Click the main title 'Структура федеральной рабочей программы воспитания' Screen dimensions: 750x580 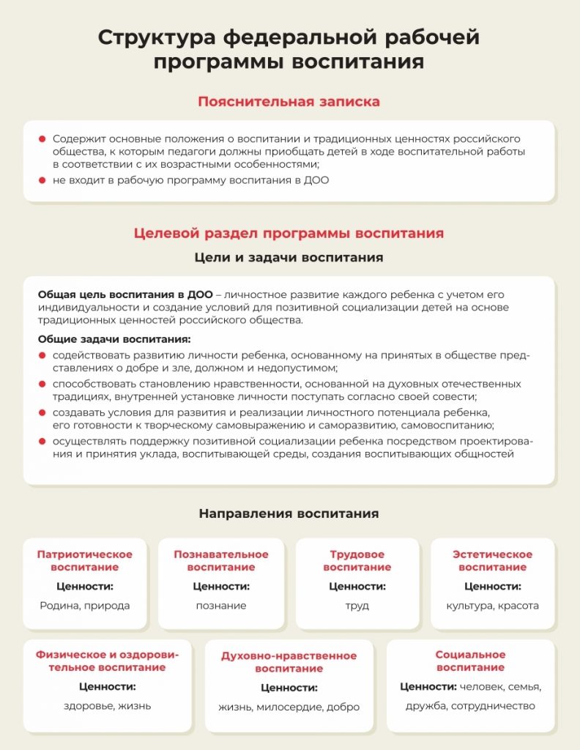(x=289, y=49)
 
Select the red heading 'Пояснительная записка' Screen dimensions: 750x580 (x=289, y=102)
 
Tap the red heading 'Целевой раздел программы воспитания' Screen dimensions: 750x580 (x=289, y=234)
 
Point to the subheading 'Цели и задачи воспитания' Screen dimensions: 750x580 (x=289, y=258)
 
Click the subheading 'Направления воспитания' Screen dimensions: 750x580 (x=289, y=513)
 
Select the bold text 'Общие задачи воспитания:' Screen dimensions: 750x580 (x=114, y=339)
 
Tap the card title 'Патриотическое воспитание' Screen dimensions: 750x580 (x=84, y=560)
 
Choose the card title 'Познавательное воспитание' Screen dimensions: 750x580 (x=221, y=560)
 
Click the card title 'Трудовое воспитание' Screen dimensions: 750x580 (x=357, y=560)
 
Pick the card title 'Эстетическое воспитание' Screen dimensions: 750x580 (x=492, y=560)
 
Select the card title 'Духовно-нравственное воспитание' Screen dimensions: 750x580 (x=289, y=662)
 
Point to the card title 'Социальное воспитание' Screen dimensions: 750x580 (x=470, y=661)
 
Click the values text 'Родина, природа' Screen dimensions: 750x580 (x=84, y=606)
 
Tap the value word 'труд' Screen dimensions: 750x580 (x=357, y=606)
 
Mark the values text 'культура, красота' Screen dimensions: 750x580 (x=492, y=606)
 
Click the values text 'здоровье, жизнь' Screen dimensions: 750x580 (x=107, y=706)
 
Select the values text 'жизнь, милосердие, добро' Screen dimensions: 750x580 (x=289, y=707)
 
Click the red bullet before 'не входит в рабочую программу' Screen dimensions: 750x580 (x=42, y=180)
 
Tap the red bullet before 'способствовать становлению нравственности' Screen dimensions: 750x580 (x=42, y=384)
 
